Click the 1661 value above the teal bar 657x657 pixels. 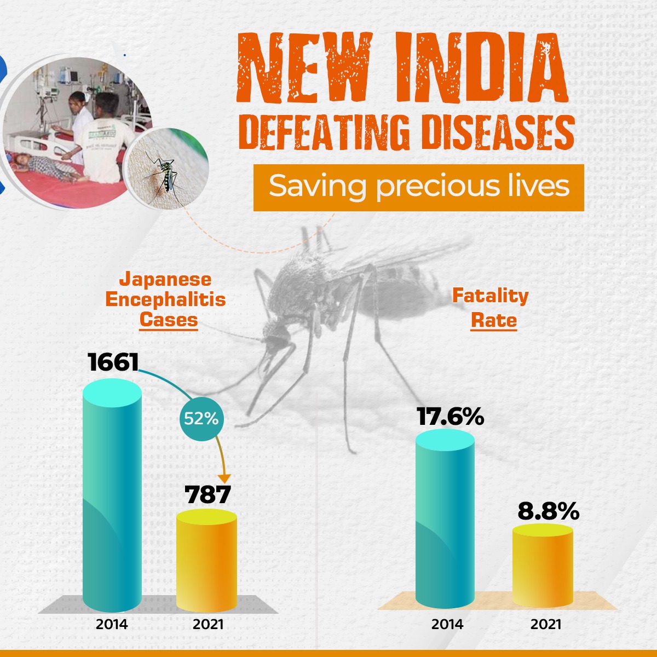coord(114,362)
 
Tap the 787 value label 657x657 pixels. coord(208,494)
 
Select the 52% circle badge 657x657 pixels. coord(201,419)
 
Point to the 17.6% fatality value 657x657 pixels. coord(450,417)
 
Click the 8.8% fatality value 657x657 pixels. coord(548,511)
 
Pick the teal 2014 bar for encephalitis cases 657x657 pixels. coord(112,498)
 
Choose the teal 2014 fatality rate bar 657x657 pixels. coord(445,520)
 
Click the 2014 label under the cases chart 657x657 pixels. coord(112,624)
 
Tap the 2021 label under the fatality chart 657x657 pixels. coord(546,624)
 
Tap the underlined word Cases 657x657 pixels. coord(168,319)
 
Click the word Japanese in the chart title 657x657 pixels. coord(165,279)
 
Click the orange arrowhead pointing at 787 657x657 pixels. coord(224,478)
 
